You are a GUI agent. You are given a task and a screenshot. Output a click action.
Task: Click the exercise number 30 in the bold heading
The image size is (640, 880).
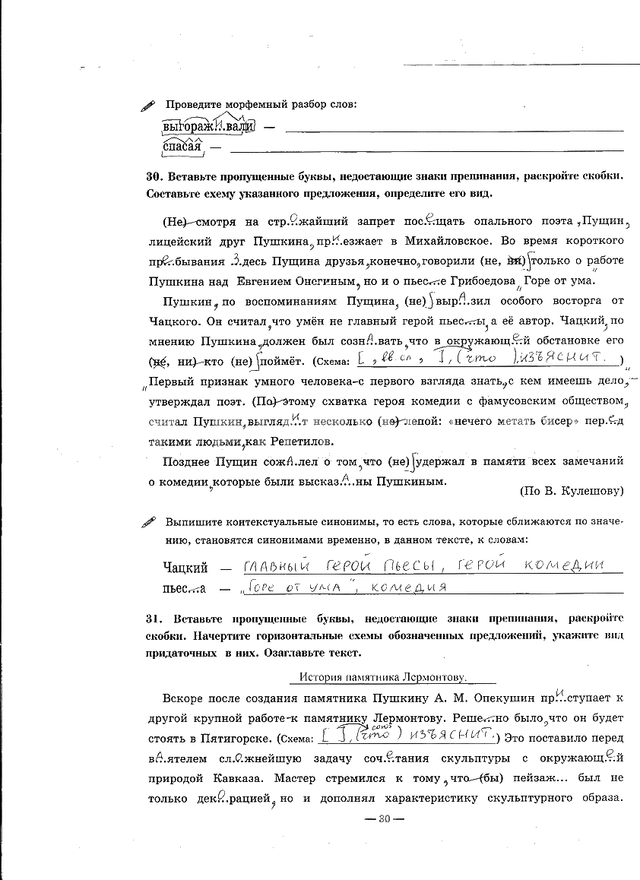152,176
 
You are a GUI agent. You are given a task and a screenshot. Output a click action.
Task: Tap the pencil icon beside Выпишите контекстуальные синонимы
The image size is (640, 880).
149,523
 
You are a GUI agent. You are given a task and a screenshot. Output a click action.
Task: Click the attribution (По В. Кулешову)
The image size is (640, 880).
571,490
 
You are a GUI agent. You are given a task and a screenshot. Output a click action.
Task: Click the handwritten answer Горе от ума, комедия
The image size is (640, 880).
344,587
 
